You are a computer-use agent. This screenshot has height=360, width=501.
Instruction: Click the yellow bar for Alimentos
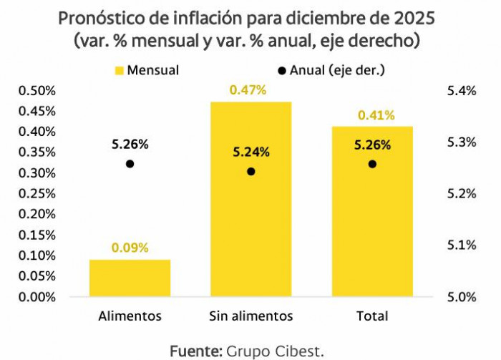coord(130,278)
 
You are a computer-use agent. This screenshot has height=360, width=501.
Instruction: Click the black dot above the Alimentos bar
coord(130,164)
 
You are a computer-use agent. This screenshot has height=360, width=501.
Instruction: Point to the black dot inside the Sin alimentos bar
coord(251,172)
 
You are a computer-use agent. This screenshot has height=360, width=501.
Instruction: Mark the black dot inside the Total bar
coord(372,164)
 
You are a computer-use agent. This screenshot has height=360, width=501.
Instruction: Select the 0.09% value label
coord(130,248)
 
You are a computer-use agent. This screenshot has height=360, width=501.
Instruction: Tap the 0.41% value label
coord(376,115)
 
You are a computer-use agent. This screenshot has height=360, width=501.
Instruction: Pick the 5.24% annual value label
coord(251,152)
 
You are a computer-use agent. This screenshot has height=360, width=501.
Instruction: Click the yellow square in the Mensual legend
coord(119,70)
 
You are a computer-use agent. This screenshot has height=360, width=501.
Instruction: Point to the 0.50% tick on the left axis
coord(36,91)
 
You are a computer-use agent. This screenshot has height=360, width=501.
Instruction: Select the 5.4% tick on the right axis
coord(461,91)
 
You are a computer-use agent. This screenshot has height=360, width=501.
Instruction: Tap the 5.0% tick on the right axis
coord(461,296)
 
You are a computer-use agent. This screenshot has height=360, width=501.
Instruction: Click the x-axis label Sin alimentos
coord(251,316)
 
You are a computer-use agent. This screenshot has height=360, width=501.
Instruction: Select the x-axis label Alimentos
coord(130,316)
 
